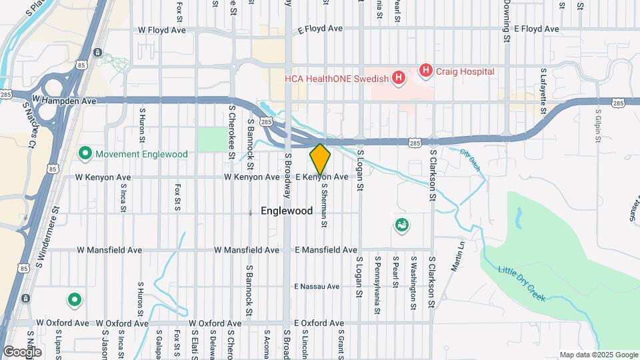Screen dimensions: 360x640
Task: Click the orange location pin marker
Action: point(320,159)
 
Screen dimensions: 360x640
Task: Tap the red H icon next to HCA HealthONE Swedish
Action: point(399,79)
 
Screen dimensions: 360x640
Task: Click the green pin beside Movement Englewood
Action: point(85,154)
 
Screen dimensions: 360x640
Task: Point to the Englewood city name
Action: point(286,211)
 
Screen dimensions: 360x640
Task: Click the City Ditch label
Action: point(470,161)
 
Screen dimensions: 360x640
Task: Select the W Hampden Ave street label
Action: point(64,101)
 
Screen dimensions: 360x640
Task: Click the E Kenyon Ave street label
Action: point(322,177)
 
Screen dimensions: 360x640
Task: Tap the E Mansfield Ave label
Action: point(326,250)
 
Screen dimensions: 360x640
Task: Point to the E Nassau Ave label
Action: point(317,287)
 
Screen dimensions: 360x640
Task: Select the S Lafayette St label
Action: point(544,84)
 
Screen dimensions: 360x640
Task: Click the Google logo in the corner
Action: point(21,352)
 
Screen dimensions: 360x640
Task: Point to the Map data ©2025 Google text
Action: point(598,355)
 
